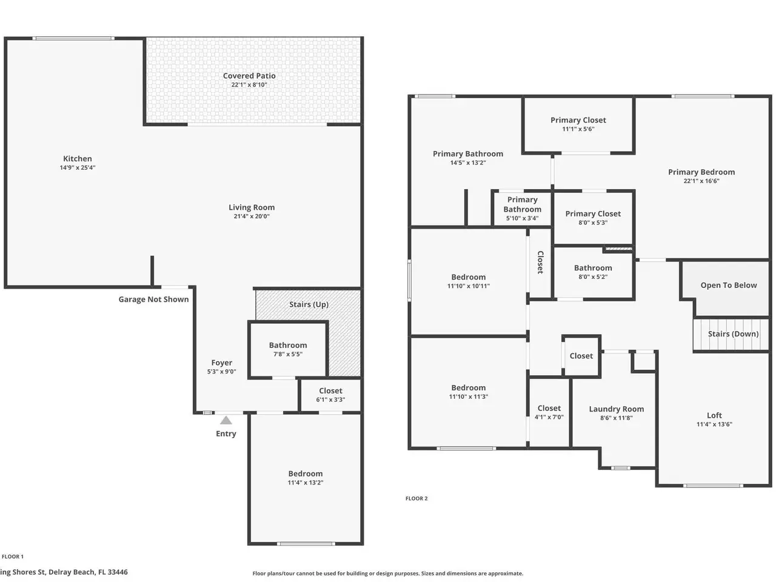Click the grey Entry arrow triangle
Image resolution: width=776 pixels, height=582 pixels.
[226, 420]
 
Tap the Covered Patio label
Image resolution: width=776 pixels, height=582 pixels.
[249, 76]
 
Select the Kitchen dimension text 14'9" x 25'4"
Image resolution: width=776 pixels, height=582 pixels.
[78, 167]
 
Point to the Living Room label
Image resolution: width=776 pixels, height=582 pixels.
[252, 207]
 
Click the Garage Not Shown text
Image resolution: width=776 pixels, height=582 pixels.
[153, 299]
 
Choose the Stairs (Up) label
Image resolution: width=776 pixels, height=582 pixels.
[309, 304]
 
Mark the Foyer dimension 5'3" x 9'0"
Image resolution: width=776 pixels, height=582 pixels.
[222, 372]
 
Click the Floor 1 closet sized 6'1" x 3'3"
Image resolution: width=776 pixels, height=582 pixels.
[330, 395]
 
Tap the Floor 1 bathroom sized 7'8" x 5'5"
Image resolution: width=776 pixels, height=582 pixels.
[288, 349]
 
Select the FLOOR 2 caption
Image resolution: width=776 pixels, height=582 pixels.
[416, 498]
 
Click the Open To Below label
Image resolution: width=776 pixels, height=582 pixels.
[729, 285]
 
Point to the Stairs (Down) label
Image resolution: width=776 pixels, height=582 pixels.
[733, 334]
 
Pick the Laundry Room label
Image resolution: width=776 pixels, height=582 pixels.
[616, 409]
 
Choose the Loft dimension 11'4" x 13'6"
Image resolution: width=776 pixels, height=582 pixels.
[714, 424]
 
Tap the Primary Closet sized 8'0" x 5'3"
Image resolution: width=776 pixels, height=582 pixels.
[593, 218]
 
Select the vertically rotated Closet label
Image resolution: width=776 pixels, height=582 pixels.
[540, 262]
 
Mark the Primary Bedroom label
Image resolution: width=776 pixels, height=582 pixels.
[701, 172]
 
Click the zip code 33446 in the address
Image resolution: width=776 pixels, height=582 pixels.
[118, 572]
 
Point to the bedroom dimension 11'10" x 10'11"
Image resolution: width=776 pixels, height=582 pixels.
[469, 286]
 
